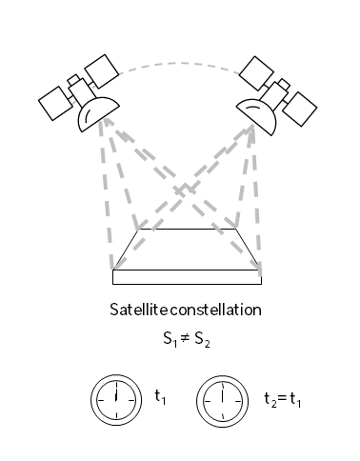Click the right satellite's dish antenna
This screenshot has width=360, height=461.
[258, 111]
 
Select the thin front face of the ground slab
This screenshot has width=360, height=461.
[187, 277]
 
